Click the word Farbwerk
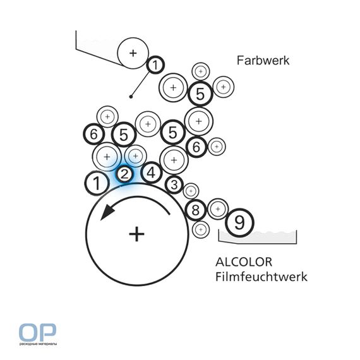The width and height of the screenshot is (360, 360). (263, 61)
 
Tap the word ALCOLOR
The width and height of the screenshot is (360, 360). (244, 262)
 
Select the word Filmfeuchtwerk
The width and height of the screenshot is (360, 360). (261, 277)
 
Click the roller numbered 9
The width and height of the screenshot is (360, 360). (239, 223)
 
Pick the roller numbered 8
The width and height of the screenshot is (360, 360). (196, 210)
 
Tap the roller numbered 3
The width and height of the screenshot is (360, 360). (174, 184)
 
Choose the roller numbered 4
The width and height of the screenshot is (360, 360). (152, 173)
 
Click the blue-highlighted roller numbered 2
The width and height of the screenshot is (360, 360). (124, 174)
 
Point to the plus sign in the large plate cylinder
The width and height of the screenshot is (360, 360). (136, 234)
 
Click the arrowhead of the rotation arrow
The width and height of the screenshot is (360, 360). (107, 212)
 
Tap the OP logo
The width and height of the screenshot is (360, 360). (37, 332)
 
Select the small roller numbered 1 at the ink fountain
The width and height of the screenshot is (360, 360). (155, 65)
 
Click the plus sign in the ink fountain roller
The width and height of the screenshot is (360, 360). (133, 53)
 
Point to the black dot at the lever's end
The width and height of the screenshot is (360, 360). (131, 97)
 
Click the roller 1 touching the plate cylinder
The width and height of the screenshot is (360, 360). (97, 183)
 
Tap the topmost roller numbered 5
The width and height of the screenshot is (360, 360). (200, 93)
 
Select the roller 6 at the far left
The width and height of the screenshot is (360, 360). (94, 135)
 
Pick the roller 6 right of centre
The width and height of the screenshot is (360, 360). (196, 147)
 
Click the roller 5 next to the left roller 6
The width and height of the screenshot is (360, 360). (124, 135)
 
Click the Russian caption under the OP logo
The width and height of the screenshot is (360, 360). (38, 344)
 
